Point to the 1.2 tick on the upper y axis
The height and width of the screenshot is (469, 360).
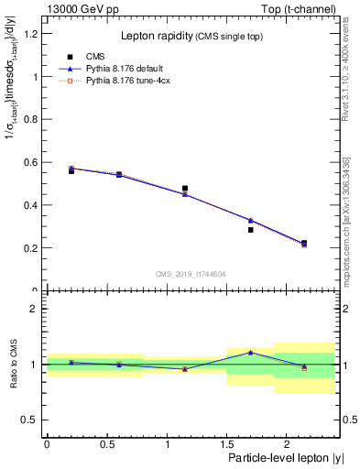pos(33,34)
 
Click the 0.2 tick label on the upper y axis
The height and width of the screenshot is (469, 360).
pos(33,248)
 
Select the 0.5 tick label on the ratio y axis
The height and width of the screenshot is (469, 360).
pos(33,420)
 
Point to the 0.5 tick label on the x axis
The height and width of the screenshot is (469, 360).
pos(106,444)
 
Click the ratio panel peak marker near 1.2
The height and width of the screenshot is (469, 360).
pos(250,353)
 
